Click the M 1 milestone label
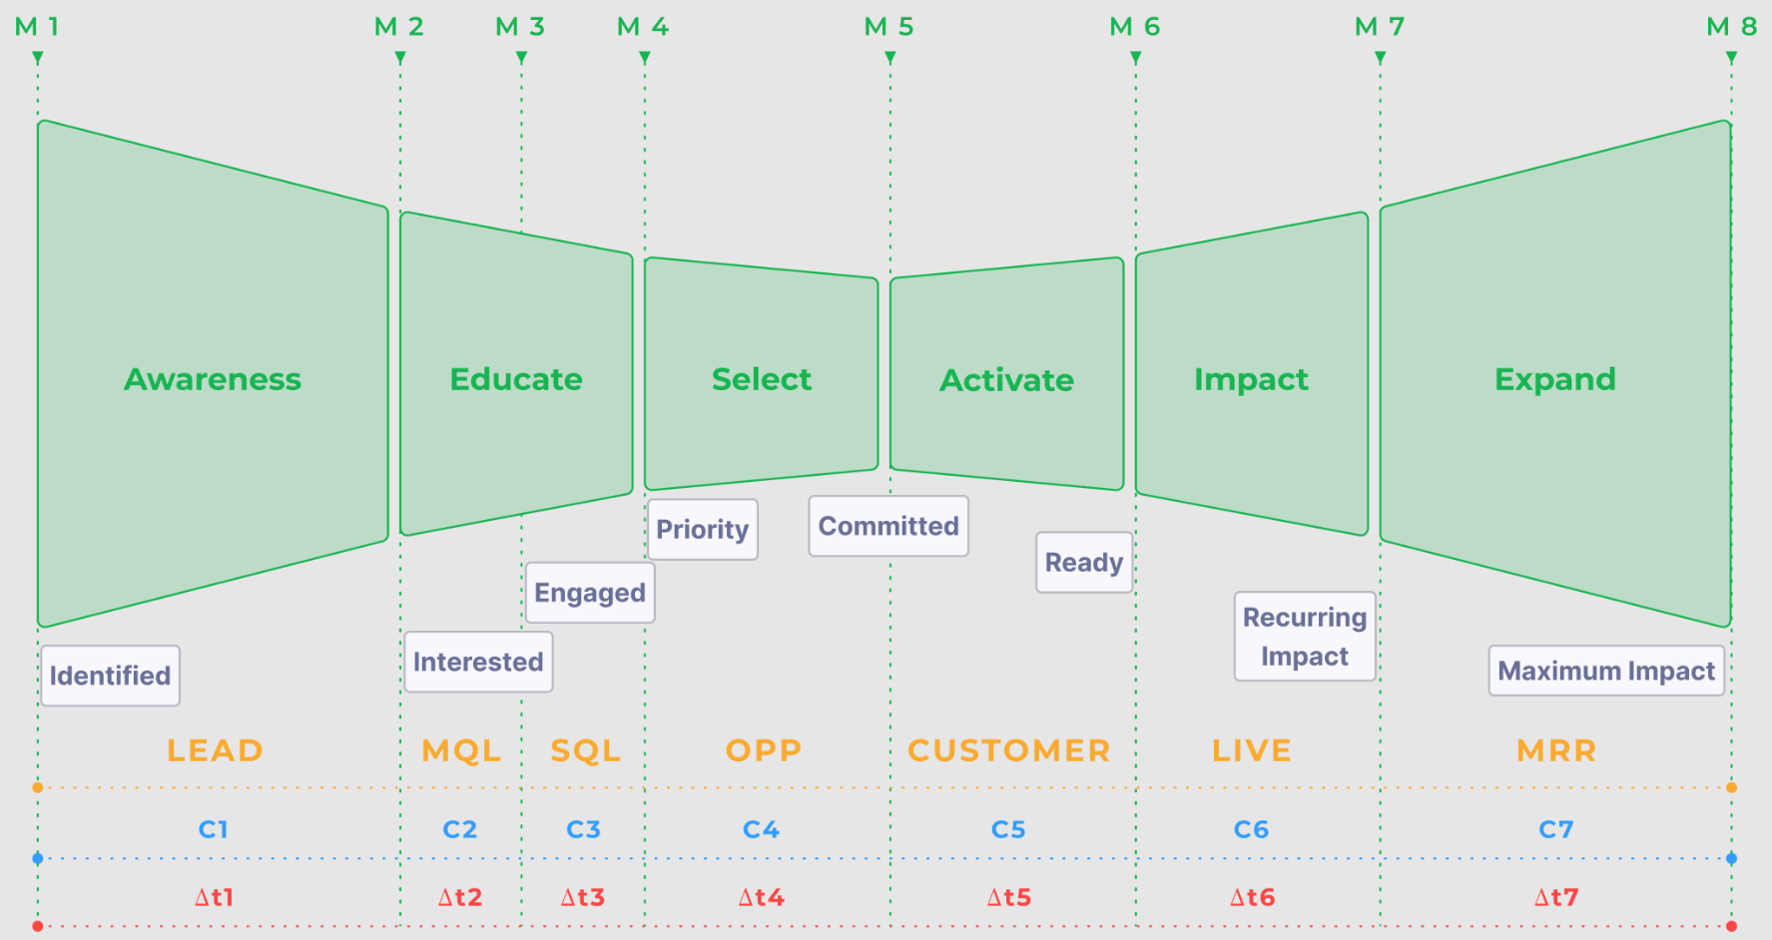[x=37, y=27]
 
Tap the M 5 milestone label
[x=888, y=27]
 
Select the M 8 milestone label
[x=1731, y=27]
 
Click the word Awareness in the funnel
[x=213, y=379]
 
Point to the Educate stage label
[x=516, y=379]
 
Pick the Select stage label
[x=762, y=379]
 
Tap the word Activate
[x=1006, y=380]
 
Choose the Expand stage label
[x=1554, y=379]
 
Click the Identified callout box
[x=110, y=676]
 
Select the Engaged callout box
[x=590, y=593]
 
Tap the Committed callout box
[x=888, y=526]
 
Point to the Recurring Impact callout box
[x=1305, y=637]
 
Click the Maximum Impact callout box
[x=1606, y=671]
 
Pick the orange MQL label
[x=461, y=750]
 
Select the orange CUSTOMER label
[x=1008, y=750]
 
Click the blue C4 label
[x=761, y=829]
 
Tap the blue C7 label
[x=1555, y=829]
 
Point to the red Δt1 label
[x=214, y=897]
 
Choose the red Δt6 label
[x=1252, y=897]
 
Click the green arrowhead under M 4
[x=645, y=59]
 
